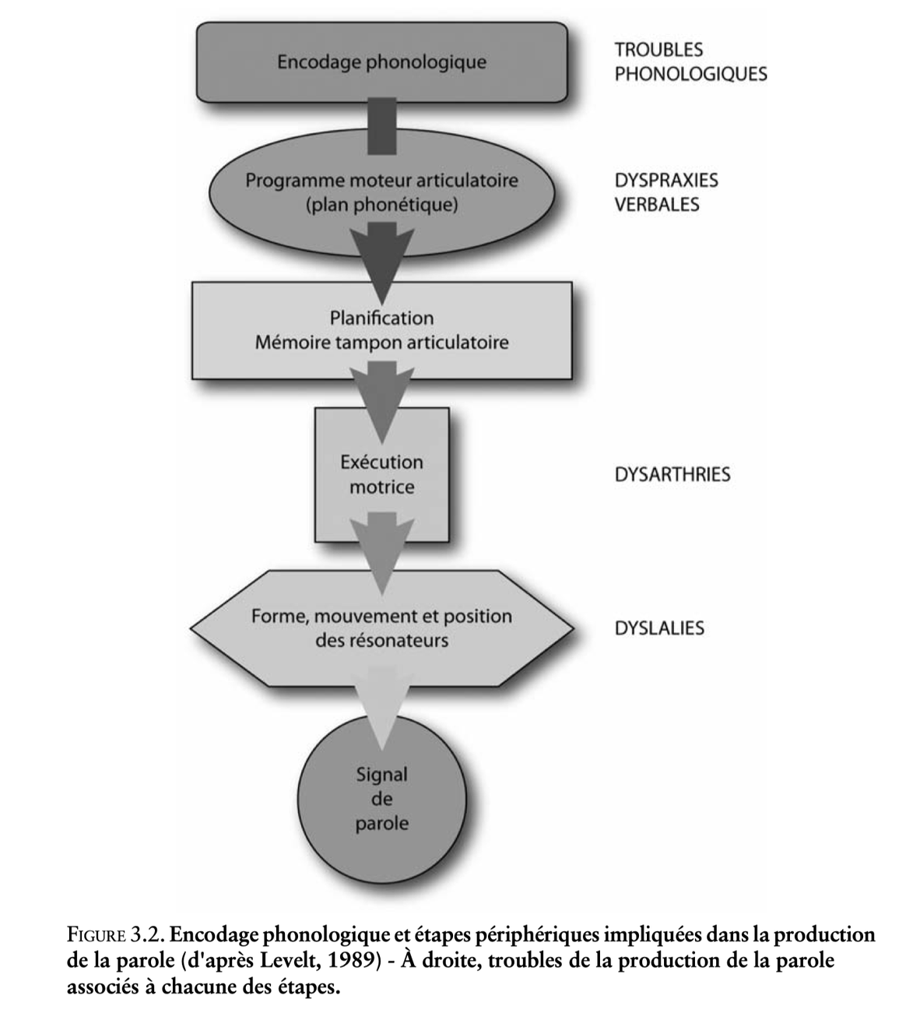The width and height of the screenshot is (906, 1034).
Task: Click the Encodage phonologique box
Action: pyautogui.click(x=381, y=62)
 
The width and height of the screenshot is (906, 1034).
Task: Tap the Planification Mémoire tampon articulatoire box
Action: pyautogui.click(x=381, y=330)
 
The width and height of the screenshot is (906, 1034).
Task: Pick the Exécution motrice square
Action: pyautogui.click(x=381, y=474)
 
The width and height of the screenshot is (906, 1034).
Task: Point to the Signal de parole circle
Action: pyautogui.click(x=381, y=799)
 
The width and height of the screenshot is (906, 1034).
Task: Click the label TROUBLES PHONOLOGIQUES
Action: pyautogui.click(x=690, y=62)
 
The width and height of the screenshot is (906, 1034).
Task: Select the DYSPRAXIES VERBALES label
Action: pyautogui.click(x=665, y=192)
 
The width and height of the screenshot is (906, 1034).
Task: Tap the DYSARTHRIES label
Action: pyautogui.click(x=672, y=475)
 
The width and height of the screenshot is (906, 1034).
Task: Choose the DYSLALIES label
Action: pyautogui.click(x=658, y=628)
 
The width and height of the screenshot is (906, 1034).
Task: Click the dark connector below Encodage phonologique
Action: pyautogui.click(x=381, y=125)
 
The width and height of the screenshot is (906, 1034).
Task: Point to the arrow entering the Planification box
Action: pyautogui.click(x=381, y=257)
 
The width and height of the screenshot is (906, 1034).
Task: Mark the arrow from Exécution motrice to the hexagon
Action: pyautogui.click(x=381, y=545)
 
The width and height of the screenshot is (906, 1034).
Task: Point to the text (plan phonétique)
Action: pyautogui.click(x=381, y=205)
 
